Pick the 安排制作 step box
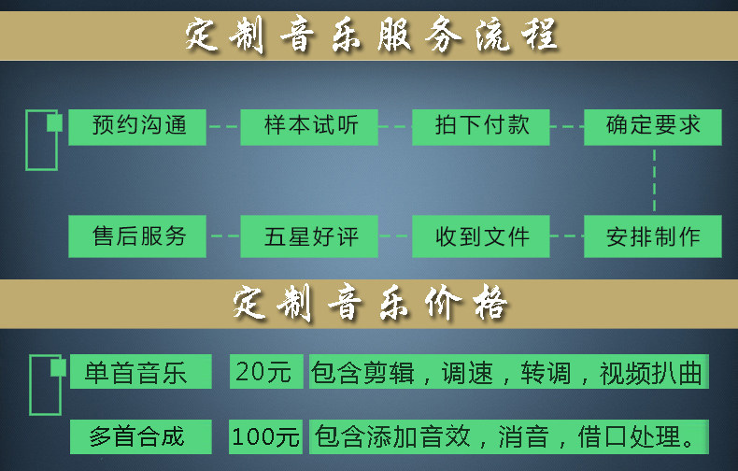click(653, 236)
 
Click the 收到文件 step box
click(481, 236)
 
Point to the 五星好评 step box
click(309, 236)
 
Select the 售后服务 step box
click(138, 236)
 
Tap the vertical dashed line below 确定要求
click(654, 179)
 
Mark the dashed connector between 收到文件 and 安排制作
click(567, 236)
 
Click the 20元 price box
click(266, 372)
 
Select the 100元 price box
click(266, 435)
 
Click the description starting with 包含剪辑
click(509, 372)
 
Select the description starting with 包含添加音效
click(509, 435)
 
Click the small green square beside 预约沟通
click(55, 123)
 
